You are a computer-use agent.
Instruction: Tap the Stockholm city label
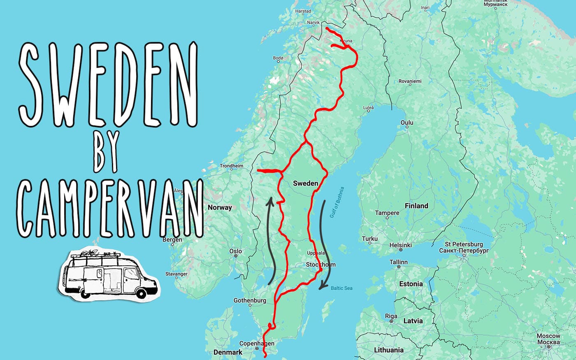click(321, 265)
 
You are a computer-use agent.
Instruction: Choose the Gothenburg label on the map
click(250, 300)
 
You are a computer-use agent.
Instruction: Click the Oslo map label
click(235, 251)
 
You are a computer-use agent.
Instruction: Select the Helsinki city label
click(400, 245)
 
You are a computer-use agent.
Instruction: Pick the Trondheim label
click(231, 166)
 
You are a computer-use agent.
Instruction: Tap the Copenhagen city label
click(257, 344)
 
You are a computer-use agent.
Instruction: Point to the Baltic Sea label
click(341, 288)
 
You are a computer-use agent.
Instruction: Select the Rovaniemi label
click(410, 81)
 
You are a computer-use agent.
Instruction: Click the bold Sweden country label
click(305, 183)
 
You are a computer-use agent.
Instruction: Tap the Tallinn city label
click(398, 262)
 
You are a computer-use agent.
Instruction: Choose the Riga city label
click(391, 316)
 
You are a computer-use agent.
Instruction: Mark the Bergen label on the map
click(172, 239)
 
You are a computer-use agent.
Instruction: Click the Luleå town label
click(368, 108)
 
